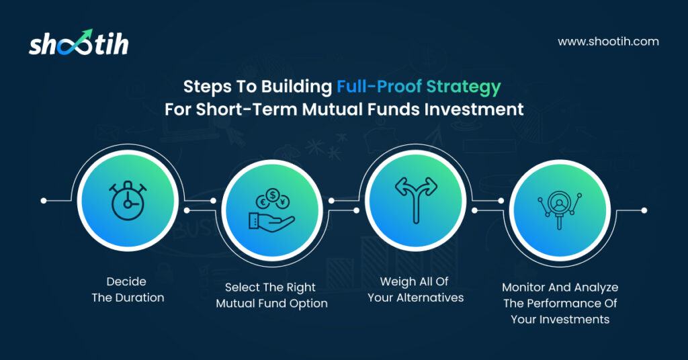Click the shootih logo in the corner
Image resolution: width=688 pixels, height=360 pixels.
click(79, 42)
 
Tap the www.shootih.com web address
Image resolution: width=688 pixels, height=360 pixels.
click(608, 42)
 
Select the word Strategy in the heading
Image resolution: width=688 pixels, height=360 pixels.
click(464, 87)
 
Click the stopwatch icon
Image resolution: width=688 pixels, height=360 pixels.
click(128, 200)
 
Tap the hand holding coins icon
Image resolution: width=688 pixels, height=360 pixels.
click(272, 210)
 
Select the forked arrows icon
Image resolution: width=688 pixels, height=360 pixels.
click(416, 200)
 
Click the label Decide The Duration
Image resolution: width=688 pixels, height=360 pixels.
click(128, 289)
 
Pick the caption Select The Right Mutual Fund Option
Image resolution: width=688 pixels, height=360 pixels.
click(271, 295)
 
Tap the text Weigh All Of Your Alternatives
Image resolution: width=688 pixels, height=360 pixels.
click(415, 289)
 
